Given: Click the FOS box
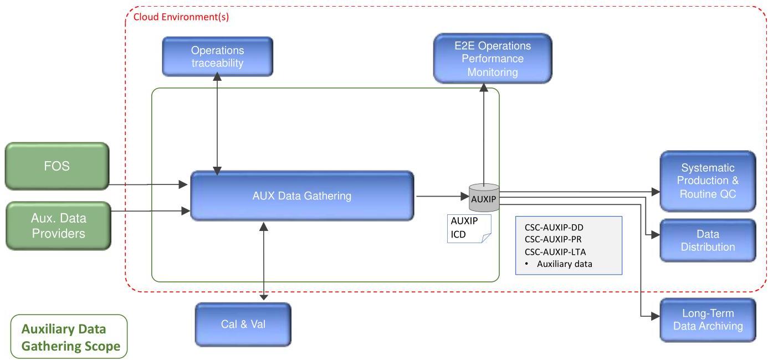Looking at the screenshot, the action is click(57, 166).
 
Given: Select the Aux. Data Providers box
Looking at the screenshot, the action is click(58, 226).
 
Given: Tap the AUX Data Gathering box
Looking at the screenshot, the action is click(302, 196).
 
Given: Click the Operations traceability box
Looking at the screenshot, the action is click(217, 56).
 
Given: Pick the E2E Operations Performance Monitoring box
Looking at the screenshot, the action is click(493, 59).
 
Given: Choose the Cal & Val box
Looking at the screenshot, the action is click(243, 324).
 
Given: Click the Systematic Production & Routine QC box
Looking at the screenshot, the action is click(708, 181).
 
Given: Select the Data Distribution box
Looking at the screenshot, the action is click(708, 240).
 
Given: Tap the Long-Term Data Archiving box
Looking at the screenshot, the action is click(708, 320).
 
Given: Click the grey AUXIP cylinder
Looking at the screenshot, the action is click(484, 198).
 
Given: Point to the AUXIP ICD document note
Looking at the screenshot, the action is click(469, 229).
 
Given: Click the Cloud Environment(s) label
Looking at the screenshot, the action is click(181, 17).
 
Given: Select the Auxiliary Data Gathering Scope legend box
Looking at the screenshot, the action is click(69, 337).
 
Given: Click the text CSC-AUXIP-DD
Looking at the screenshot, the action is click(554, 228).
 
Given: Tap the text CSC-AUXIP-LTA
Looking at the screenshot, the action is click(555, 252).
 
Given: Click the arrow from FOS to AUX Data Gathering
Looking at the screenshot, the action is click(148, 184).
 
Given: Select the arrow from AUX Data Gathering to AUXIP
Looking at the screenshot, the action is click(443, 196).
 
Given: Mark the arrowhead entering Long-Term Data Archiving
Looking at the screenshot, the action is click(655, 316).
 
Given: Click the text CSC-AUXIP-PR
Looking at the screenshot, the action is click(553, 239).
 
